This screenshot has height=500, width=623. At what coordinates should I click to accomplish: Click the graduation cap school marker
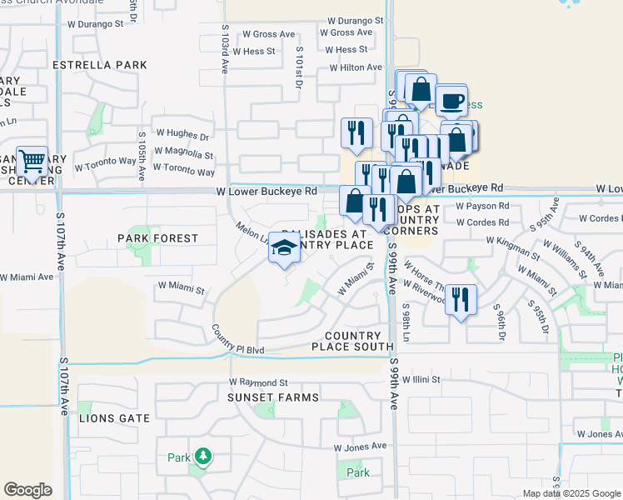coord(285,248)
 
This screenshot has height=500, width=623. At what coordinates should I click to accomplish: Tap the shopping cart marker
coord(32,160)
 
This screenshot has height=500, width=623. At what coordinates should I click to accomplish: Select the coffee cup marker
coord(451,101)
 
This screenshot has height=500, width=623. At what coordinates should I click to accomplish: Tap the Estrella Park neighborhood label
coord(99,65)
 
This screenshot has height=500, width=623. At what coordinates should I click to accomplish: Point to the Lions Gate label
coord(114,418)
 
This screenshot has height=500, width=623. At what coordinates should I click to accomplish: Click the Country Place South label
coord(352,341)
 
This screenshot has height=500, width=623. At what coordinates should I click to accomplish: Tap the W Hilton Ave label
coord(356,68)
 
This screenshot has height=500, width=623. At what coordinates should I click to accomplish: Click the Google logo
coord(27,490)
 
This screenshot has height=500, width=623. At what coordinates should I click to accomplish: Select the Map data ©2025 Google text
coord(571,493)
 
